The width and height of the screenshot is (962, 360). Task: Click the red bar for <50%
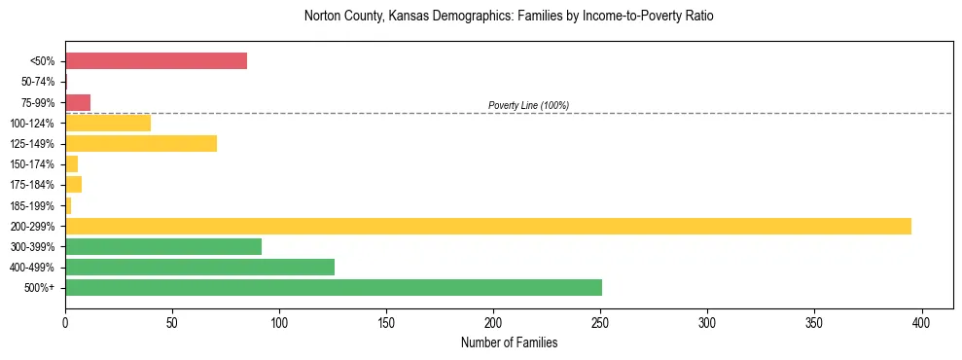coord(156,61)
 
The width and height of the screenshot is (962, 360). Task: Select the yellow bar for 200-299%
coord(487,226)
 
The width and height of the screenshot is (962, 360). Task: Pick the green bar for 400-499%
coord(199,267)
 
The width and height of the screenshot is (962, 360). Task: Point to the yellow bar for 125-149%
coord(141,144)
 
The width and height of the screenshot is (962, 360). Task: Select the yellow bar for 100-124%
coord(108,124)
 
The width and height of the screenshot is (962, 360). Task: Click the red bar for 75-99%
coord(78,102)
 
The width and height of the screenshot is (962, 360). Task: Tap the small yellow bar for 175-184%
coord(73,185)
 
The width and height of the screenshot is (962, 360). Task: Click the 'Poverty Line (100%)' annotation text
coord(528,105)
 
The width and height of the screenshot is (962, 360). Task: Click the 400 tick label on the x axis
coord(921,320)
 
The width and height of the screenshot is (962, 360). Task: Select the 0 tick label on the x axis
coord(65,320)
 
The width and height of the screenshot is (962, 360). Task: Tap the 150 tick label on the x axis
coord(386,320)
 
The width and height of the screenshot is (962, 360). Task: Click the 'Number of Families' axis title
coord(509,342)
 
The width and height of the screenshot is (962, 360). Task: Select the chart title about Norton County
coord(509,17)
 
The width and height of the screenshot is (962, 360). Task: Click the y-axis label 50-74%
coord(38,83)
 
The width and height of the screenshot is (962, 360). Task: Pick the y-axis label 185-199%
coord(34,205)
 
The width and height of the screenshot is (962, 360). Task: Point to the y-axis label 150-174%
coord(34,164)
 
